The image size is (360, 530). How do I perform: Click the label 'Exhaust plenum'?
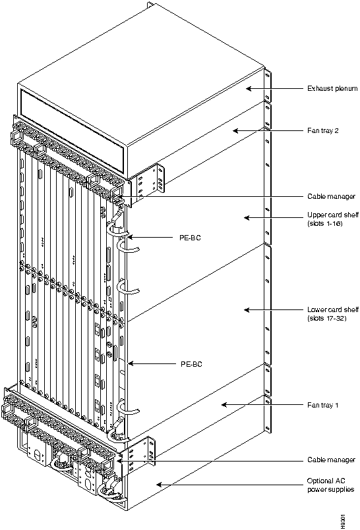point(332,89)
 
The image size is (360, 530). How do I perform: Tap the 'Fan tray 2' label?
point(322,130)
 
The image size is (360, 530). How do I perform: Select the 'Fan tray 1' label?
point(322,405)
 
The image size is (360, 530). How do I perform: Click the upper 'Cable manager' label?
point(331,196)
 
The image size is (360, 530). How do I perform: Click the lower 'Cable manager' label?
point(331,460)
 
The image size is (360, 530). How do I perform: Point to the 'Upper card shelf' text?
point(333,215)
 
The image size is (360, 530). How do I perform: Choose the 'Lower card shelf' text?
point(333,309)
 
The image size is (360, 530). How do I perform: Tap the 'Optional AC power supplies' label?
point(330,485)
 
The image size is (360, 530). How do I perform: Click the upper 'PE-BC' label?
point(190,238)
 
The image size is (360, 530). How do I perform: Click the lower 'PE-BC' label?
point(191,364)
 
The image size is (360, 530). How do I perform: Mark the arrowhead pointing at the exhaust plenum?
point(249,89)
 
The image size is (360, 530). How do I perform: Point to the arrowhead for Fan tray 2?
point(235,130)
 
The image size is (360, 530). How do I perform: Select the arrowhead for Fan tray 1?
point(224,405)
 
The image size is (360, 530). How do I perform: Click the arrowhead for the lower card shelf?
point(247,309)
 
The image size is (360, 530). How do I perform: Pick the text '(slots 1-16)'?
point(325,223)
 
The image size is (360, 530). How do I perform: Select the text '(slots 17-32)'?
point(327,318)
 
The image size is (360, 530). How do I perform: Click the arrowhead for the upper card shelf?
point(247,218)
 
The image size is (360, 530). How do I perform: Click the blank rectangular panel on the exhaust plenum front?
point(72,130)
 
